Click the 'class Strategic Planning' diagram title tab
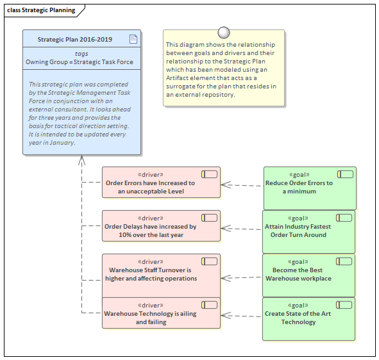click(x=41, y=10)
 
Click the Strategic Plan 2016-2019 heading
click(x=74, y=40)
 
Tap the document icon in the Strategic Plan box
click(x=133, y=39)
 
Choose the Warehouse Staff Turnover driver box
click(x=160, y=274)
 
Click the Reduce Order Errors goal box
click(x=309, y=188)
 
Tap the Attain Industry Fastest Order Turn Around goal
click(x=309, y=231)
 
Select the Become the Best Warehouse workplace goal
click(x=309, y=275)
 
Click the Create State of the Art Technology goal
click(x=309, y=318)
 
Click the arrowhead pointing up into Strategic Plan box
click(x=81, y=160)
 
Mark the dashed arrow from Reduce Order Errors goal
click(x=242, y=185)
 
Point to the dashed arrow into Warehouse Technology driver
click(x=242, y=316)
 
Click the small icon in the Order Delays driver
click(x=209, y=217)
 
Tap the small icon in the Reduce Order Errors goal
click(x=345, y=174)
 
